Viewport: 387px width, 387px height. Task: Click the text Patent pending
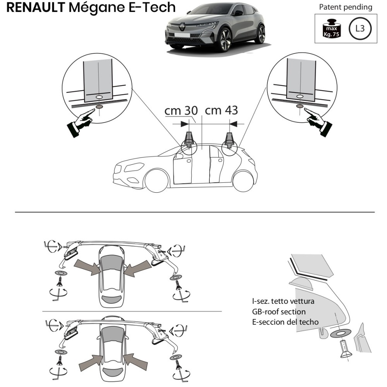click(346, 7)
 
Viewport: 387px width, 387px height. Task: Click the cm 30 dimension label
click(181, 111)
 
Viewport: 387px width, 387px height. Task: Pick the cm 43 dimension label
click(221, 110)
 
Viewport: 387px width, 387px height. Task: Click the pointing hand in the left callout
click(81, 120)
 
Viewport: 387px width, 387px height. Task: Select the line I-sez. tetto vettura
click(283, 301)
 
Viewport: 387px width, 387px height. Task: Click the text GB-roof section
click(278, 312)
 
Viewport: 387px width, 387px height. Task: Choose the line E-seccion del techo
click(285, 322)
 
